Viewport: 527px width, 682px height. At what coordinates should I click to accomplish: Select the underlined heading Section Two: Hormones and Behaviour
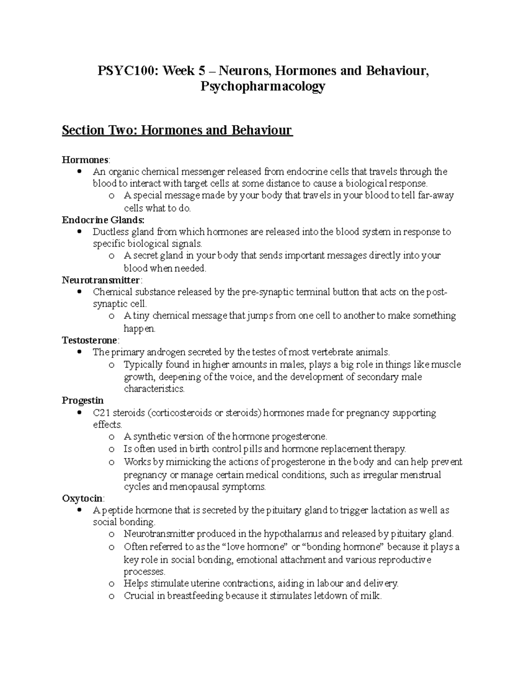tap(177, 130)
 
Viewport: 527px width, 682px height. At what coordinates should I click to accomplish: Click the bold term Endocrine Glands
tap(103, 220)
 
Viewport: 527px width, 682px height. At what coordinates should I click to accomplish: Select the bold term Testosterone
tap(90, 340)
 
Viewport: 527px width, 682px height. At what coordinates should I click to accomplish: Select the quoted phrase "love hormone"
tap(254, 547)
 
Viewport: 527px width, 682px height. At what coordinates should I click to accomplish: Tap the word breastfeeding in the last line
tap(196, 596)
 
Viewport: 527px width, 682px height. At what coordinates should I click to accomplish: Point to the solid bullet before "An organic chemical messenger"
tap(79, 171)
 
